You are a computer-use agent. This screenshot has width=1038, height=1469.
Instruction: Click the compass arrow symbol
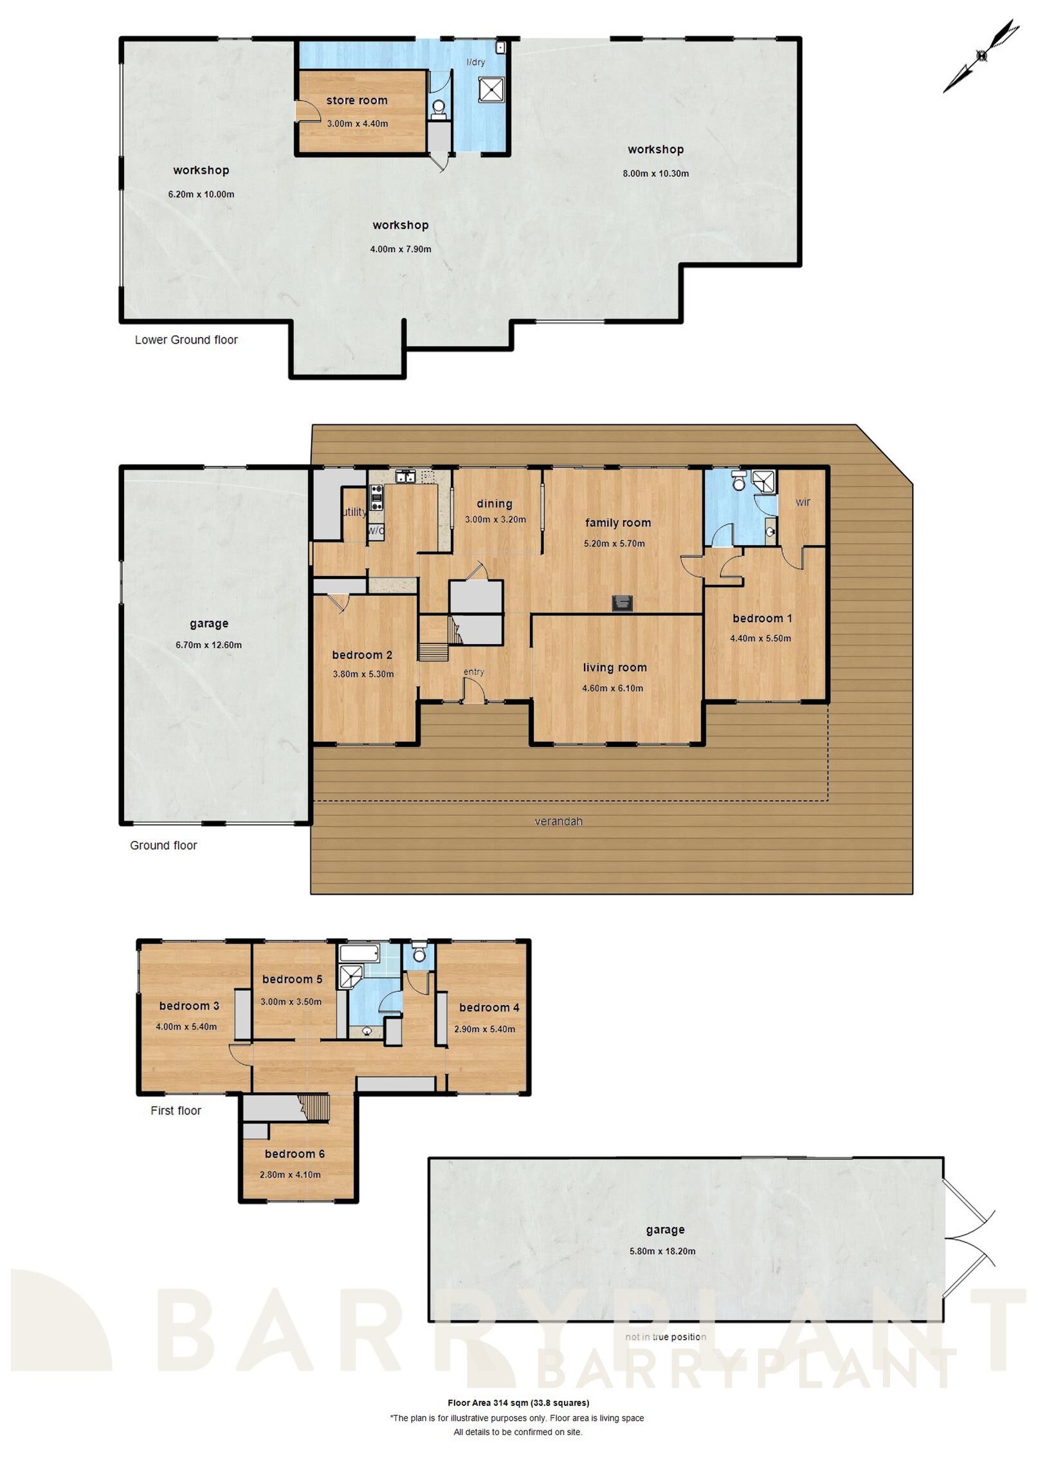(x=981, y=56)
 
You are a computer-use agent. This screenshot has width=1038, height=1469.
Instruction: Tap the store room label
(x=356, y=100)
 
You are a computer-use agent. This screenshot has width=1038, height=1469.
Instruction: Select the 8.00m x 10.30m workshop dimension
(x=655, y=173)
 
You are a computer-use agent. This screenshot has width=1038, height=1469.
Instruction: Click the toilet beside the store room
(x=439, y=107)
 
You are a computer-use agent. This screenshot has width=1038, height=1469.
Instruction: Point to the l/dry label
(x=475, y=62)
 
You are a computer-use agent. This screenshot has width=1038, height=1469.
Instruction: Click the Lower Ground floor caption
(x=186, y=340)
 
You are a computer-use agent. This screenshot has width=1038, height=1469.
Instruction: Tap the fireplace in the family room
(x=621, y=603)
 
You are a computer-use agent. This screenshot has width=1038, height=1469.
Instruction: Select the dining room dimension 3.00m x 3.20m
(x=495, y=519)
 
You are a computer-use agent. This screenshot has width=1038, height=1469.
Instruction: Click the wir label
(x=802, y=502)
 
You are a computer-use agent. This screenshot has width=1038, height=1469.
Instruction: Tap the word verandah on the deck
(x=558, y=821)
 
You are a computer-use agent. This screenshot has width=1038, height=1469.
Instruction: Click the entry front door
(x=474, y=692)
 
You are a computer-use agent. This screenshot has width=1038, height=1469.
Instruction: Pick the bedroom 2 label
(x=361, y=655)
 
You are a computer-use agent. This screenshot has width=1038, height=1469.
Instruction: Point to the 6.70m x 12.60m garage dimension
(x=208, y=645)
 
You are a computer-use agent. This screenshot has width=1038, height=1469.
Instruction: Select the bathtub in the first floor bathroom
(x=360, y=952)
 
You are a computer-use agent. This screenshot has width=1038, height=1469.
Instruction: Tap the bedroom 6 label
(x=295, y=1154)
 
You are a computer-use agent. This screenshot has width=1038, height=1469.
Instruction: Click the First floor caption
(x=176, y=1111)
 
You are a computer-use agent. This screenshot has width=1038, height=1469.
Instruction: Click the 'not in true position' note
(x=665, y=1337)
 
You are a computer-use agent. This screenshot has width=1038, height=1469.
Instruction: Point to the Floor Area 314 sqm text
(x=518, y=1403)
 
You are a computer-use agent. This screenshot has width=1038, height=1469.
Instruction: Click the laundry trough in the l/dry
(x=491, y=90)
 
